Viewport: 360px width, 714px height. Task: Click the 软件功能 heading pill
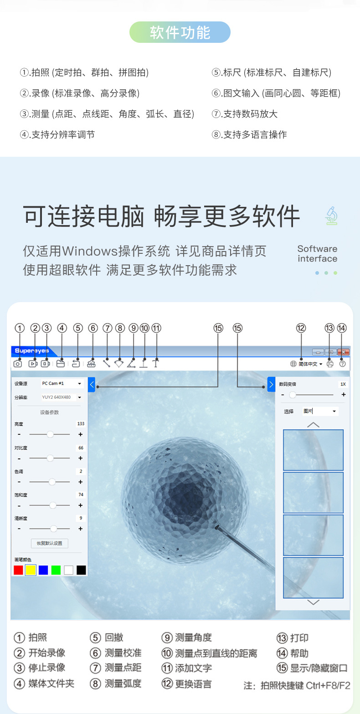point(180,32)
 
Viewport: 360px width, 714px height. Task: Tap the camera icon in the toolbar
point(17,364)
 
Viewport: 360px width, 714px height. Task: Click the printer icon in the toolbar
point(330,364)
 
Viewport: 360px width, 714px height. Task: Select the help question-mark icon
point(342,364)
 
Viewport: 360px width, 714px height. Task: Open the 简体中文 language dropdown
point(307,364)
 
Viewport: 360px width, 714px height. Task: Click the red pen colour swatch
point(18,570)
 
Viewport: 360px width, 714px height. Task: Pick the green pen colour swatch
point(56,570)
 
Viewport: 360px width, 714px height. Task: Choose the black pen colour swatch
point(81,570)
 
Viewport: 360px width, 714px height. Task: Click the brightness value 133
point(81,424)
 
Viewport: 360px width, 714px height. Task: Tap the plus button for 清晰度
point(81,529)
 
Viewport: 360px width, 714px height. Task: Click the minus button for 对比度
point(19,458)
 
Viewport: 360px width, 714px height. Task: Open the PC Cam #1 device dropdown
point(62,384)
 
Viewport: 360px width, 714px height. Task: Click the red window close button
point(344,352)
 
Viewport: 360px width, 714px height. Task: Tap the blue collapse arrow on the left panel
point(92,385)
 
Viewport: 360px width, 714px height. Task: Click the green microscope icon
point(331,216)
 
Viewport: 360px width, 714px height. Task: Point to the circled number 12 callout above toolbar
point(301,328)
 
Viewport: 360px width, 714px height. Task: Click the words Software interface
point(317,254)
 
